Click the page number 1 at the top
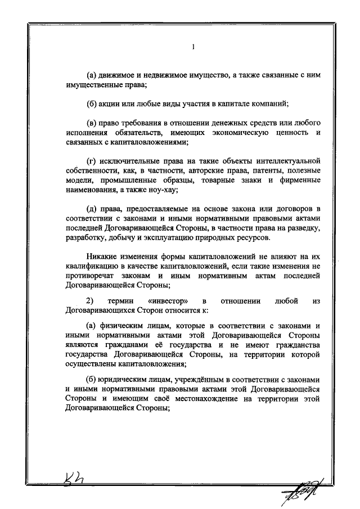pyautogui.click(x=193, y=48)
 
